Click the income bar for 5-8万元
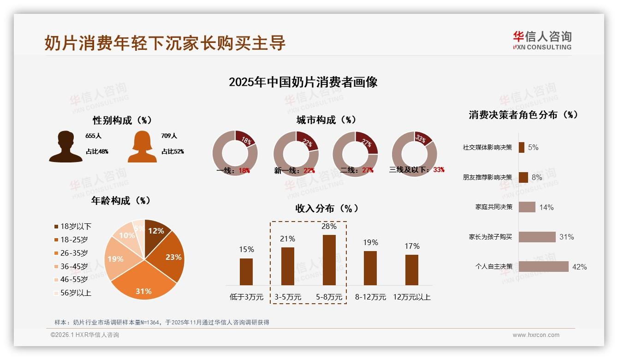(329, 260)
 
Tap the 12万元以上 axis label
(411, 297)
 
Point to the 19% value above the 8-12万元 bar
(370, 243)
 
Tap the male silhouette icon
(66, 147)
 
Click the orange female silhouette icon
(142, 147)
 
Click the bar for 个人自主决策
(543, 267)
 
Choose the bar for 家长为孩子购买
(537, 237)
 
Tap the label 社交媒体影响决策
(487, 148)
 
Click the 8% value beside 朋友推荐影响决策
(537, 177)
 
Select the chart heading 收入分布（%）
(327, 208)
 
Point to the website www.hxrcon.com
(536, 335)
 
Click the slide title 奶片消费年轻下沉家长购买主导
(165, 42)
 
